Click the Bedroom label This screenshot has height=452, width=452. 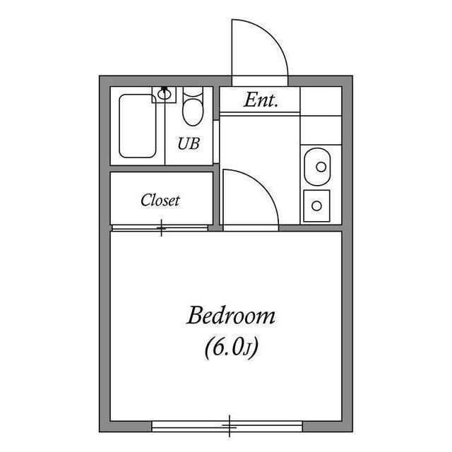(x=231, y=316)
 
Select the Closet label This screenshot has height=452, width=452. (x=160, y=200)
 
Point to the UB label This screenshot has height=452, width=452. (x=189, y=143)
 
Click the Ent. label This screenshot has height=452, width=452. (x=261, y=100)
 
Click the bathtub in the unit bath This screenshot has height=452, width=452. (x=138, y=126)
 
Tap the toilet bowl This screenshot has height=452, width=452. (x=193, y=112)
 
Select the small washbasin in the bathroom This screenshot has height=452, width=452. (x=164, y=94)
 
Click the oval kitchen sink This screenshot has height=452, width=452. (x=317, y=167)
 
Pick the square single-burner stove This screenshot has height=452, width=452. (x=316, y=206)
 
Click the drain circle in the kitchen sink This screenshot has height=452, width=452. (x=321, y=167)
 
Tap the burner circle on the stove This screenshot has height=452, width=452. (x=316, y=206)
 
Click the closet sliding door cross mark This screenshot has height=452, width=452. (x=161, y=227)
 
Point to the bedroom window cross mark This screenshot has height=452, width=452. (x=229, y=427)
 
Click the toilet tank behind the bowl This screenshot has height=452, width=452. (x=193, y=92)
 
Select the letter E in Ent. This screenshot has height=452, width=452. (x=249, y=100)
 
